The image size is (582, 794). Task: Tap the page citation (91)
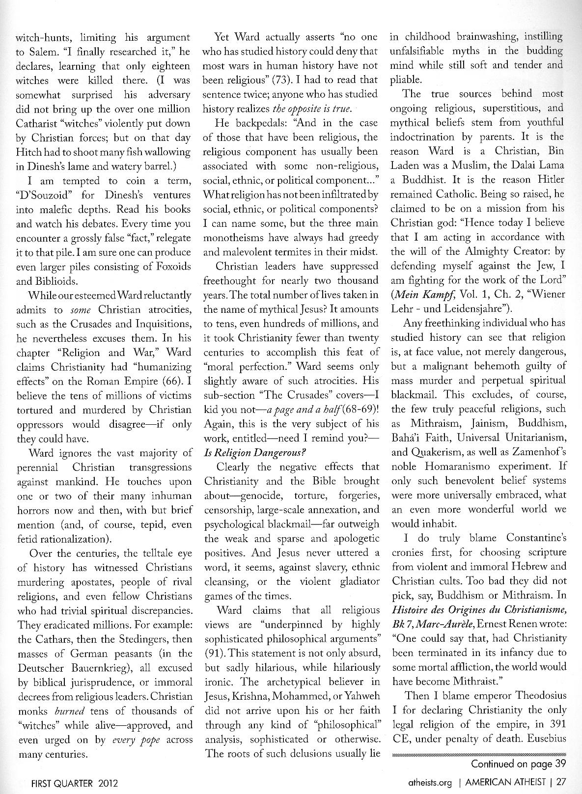[x=213, y=654]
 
